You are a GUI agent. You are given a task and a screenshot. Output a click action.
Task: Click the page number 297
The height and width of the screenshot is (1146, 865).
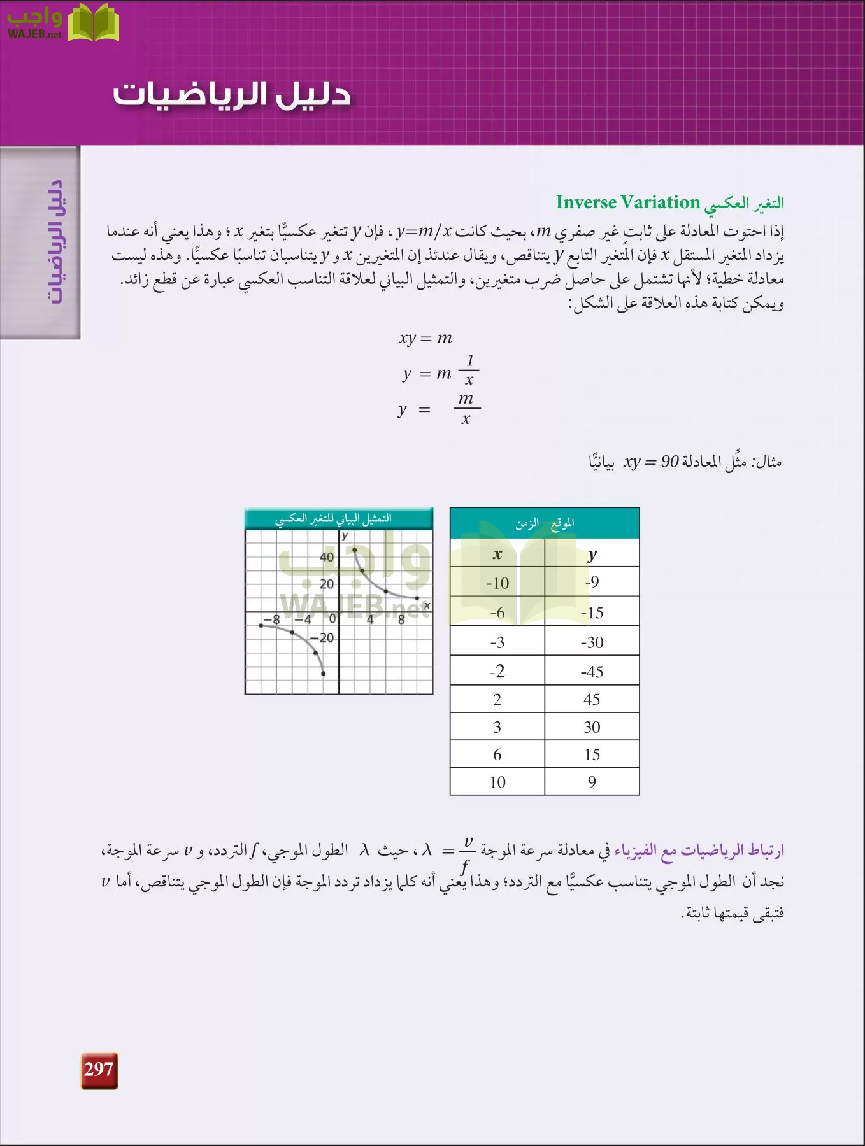tap(99, 1070)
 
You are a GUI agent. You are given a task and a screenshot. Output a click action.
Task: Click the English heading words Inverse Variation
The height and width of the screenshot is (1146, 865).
tap(627, 202)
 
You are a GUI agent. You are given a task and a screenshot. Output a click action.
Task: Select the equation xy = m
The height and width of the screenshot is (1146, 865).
tap(425, 338)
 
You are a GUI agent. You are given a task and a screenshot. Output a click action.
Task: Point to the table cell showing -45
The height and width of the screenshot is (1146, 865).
tap(592, 672)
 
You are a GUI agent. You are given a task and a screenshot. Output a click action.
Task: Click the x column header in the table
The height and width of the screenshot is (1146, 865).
tap(497, 555)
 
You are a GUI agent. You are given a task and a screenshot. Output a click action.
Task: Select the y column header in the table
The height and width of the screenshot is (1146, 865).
tap(592, 555)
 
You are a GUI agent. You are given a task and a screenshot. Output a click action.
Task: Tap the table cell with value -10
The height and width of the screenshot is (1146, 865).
tap(497, 583)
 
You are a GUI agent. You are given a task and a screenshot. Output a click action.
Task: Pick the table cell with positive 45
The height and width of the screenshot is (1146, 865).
tap(592, 700)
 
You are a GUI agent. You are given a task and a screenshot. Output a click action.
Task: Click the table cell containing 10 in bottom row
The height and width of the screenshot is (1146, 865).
tap(497, 782)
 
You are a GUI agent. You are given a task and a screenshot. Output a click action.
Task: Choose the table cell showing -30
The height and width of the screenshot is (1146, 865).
tap(592, 642)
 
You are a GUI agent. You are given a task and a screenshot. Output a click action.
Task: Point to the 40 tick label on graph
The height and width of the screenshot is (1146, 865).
tap(327, 557)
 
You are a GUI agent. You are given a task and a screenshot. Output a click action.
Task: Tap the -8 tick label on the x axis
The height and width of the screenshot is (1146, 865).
tap(272, 619)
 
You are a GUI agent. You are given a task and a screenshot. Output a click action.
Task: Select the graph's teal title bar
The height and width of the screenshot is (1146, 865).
tap(338, 519)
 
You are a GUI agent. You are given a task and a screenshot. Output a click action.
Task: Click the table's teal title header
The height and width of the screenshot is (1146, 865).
tap(545, 523)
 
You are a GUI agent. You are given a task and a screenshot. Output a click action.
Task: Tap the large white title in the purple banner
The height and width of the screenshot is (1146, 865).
tap(232, 94)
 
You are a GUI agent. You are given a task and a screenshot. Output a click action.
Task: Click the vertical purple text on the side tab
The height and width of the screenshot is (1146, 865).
tap(56, 242)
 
